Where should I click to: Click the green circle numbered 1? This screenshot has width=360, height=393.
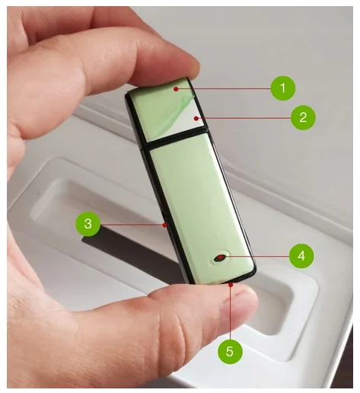click(283, 88)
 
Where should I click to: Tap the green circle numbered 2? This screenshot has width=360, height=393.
click(303, 117)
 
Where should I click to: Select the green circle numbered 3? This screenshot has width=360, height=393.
click(88, 224)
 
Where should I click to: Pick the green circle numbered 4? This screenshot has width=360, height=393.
click(301, 256)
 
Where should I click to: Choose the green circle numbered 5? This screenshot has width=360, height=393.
click(230, 352)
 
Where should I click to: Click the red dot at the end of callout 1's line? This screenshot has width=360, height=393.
click(176, 89)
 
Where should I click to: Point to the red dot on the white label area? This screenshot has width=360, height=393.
click(196, 118)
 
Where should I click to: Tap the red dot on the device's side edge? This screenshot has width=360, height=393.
click(165, 225)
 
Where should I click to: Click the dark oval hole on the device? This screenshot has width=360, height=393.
click(220, 257)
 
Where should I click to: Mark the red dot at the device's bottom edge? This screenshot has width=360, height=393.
click(231, 285)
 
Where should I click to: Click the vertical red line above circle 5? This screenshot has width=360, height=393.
click(231, 313)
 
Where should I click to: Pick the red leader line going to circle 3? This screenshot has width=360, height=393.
click(132, 225)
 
